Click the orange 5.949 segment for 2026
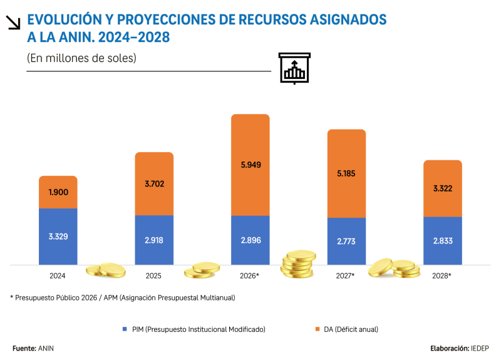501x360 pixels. [x=250, y=165]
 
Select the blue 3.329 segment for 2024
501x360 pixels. [x=58, y=237]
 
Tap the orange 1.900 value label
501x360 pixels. [x=58, y=192]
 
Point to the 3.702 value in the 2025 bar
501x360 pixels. [x=154, y=184]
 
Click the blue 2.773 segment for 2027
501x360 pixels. [x=346, y=242]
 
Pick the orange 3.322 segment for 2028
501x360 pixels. [x=443, y=188]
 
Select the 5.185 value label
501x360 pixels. [x=346, y=173]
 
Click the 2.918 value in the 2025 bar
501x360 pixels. [x=154, y=240]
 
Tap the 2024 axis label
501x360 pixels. [x=58, y=275]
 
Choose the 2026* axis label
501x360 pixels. [x=250, y=275]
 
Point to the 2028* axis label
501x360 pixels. [x=443, y=275]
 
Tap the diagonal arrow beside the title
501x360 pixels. [x=13, y=23]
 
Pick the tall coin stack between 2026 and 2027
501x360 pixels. [x=298, y=265]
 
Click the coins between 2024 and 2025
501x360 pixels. [x=106, y=270]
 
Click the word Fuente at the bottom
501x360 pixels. [x=24, y=347]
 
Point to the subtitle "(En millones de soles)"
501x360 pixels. [x=81, y=58]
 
